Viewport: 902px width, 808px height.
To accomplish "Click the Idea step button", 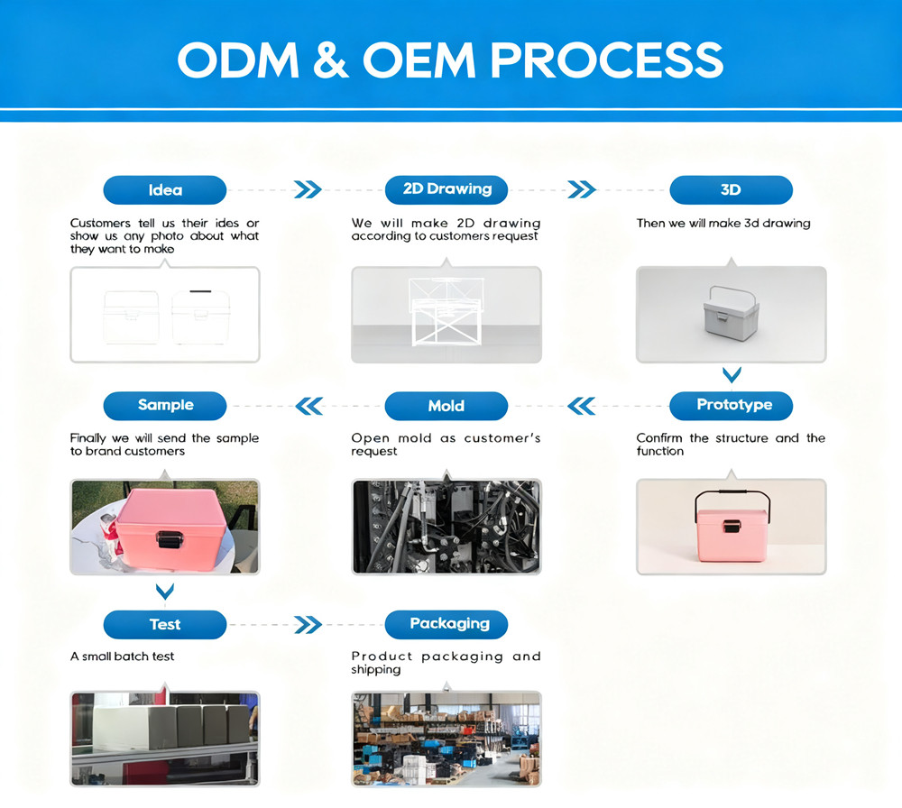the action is tap(165, 189).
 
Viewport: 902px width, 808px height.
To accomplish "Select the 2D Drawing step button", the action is tap(446, 189).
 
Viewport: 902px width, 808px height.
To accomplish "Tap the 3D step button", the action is tap(732, 189).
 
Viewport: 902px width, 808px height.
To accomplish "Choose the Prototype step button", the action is tap(732, 406).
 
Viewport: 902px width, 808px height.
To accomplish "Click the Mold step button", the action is tap(446, 406).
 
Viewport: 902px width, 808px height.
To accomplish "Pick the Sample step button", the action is tap(165, 406).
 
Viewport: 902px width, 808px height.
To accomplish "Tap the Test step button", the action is tap(165, 625).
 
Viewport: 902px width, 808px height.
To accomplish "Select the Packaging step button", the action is tap(446, 625).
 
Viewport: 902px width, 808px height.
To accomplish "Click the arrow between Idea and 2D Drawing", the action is tap(308, 189).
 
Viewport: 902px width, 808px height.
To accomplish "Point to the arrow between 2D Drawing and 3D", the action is tap(582, 189).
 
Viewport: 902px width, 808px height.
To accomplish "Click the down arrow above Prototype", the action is tap(732, 375).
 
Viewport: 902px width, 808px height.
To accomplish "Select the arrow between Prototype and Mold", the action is tap(582, 406).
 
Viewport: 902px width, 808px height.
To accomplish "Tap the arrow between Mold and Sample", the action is tap(308, 406).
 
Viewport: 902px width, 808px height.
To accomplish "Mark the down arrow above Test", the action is tap(165, 592).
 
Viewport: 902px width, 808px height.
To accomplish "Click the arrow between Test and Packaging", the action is tap(308, 625).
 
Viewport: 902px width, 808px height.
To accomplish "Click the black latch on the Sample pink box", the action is tap(170, 539).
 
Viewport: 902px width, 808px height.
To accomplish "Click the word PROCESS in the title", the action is tap(606, 60).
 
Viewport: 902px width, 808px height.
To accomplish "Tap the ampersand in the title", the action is tap(331, 60).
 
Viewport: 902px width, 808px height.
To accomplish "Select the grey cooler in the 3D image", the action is tap(732, 313).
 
